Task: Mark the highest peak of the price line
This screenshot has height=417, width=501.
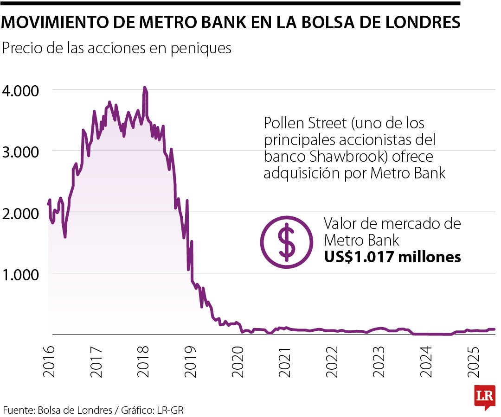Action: (144, 87)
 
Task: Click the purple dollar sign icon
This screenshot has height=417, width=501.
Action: (286, 241)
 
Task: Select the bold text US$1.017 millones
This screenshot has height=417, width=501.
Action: (392, 257)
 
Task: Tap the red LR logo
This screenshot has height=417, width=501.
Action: (484, 397)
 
